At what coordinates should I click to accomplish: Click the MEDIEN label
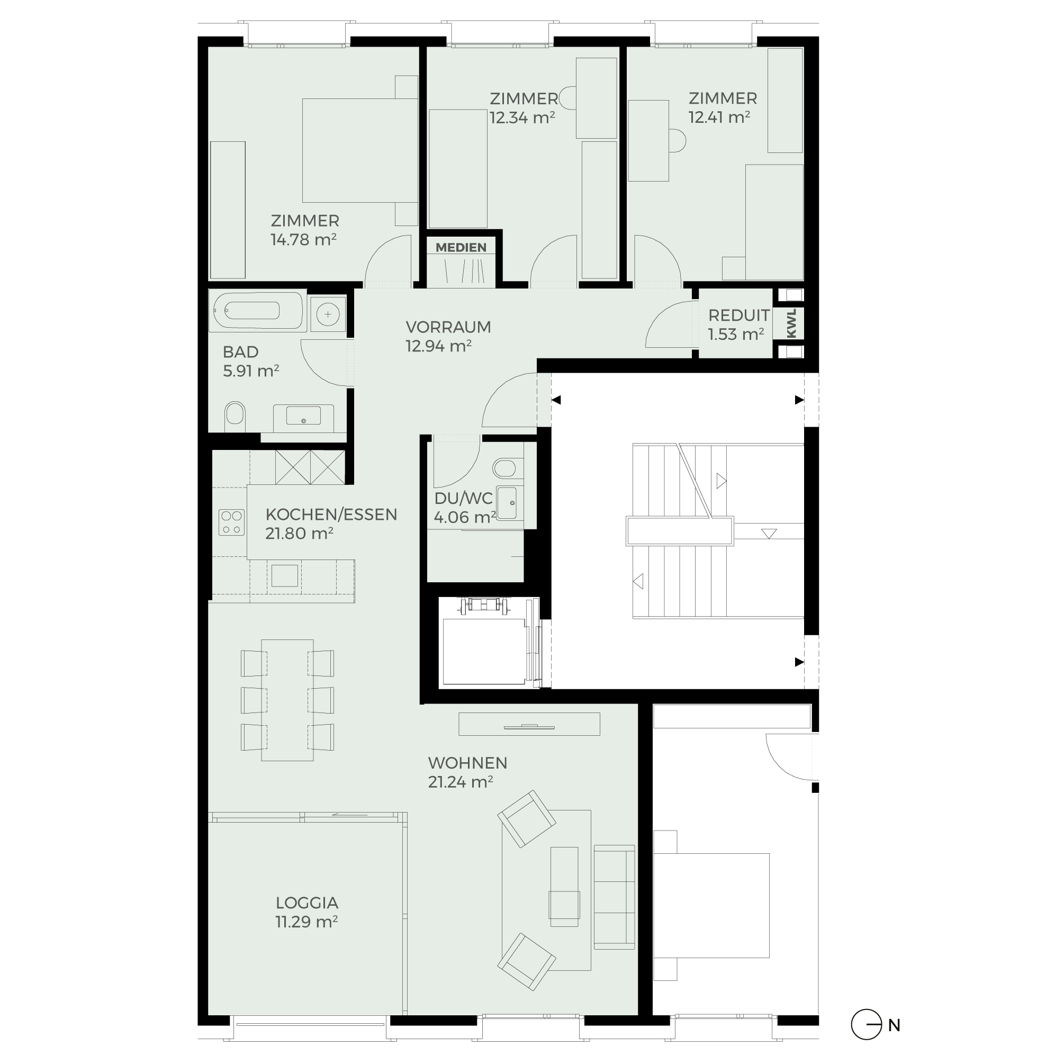[461, 247]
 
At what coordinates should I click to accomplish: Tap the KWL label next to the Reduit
[791, 323]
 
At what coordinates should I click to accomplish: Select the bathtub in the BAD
[257, 311]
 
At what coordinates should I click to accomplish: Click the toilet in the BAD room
[235, 417]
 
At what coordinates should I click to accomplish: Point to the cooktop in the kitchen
[231, 522]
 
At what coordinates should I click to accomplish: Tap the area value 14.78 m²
[303, 240]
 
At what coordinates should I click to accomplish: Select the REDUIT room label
[738, 315]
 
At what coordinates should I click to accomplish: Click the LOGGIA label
[306, 903]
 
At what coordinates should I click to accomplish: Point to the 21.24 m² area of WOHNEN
[461, 782]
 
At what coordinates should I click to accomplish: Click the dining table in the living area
[287, 700]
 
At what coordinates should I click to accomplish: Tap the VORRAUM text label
[448, 327]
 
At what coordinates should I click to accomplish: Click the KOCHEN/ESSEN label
[331, 515]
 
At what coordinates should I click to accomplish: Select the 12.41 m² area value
[719, 118]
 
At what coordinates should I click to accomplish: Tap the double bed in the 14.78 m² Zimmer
[359, 150]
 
